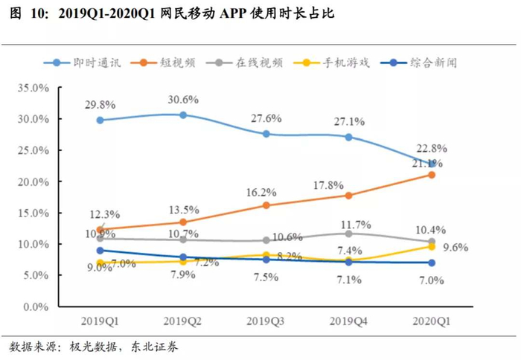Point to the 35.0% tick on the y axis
pyautogui.click(x=31, y=88)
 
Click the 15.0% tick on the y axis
pyautogui.click(x=31, y=213)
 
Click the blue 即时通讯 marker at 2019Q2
pyautogui.click(x=183, y=115)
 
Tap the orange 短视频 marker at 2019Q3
pyautogui.click(x=266, y=205)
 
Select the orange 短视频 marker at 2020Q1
pyautogui.click(x=431, y=175)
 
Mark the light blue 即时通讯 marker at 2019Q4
pyautogui.click(x=348, y=137)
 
